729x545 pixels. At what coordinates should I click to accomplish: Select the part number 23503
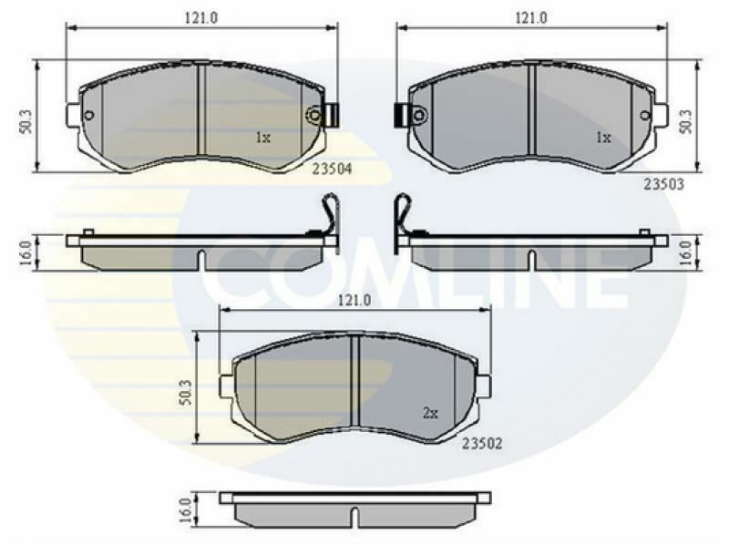[663, 183]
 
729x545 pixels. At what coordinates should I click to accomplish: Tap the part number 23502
[483, 443]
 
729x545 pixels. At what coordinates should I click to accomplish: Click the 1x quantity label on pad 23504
[262, 139]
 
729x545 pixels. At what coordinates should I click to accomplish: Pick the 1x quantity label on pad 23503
[602, 139]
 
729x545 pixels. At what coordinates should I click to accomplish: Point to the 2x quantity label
[430, 413]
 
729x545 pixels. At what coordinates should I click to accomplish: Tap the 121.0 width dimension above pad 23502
[356, 300]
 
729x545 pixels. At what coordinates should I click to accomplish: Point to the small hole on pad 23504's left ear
[88, 115]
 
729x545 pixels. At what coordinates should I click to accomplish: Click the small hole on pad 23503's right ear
[645, 115]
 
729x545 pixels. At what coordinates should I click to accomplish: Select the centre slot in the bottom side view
[356, 517]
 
